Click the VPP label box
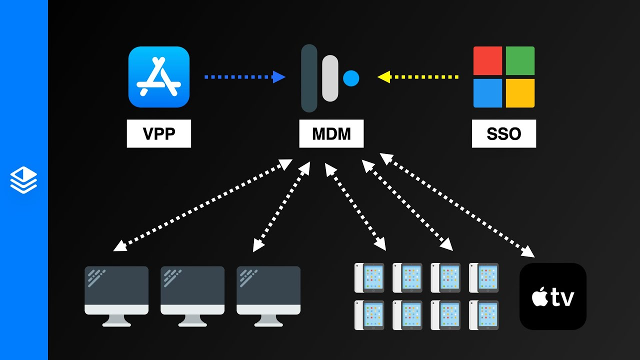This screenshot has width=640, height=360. pyautogui.click(x=158, y=133)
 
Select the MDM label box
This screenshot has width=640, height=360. pyautogui.click(x=331, y=133)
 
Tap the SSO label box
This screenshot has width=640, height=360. pyautogui.click(x=503, y=133)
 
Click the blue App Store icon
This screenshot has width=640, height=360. pyautogui.click(x=158, y=77)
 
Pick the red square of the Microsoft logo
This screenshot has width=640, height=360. pyautogui.click(x=488, y=61)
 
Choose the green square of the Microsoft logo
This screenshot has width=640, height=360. pyautogui.click(x=520, y=61)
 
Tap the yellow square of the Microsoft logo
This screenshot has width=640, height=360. pyautogui.click(x=520, y=93)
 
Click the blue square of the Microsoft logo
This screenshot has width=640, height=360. pyautogui.click(x=488, y=93)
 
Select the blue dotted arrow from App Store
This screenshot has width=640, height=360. pyautogui.click(x=244, y=77)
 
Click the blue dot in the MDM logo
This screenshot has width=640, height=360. pyautogui.click(x=351, y=78)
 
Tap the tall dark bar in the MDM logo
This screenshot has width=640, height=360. pyautogui.click(x=309, y=78)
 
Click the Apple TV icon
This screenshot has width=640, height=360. pyautogui.click(x=553, y=296)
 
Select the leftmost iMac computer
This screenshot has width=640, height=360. pyautogui.click(x=116, y=295)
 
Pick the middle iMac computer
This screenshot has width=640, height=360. pyautogui.click(x=192, y=295)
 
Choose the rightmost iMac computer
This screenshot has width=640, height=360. pyautogui.click(x=268, y=295)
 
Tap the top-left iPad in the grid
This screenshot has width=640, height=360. pyautogui.click(x=369, y=278)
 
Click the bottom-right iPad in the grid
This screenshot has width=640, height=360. pyautogui.click(x=483, y=315)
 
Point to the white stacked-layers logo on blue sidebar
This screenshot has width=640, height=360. pyautogui.click(x=23, y=180)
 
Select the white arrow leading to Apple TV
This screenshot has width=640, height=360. pyautogui.click(x=457, y=205)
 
